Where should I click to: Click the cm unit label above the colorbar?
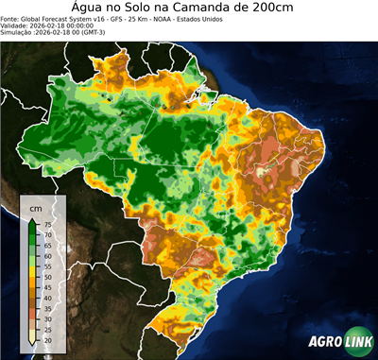tap(36, 207)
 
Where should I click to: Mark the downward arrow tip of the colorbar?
tap(32, 346)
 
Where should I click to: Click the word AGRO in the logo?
tap(325, 342)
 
